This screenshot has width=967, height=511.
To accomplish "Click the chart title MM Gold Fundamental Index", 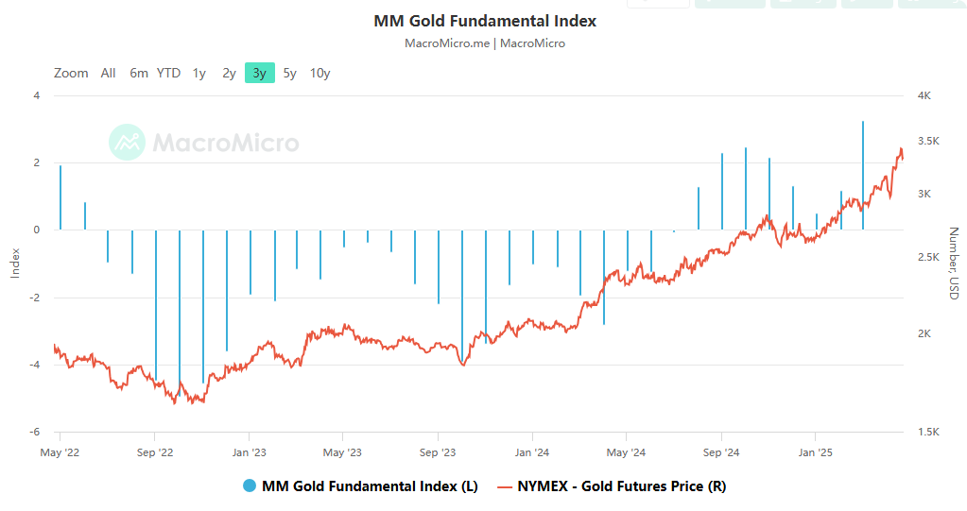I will [485, 21].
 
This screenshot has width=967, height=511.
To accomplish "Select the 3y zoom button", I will [260, 73].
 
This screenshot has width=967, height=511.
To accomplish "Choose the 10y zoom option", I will [319, 73].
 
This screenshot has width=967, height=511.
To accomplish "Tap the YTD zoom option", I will [168, 73].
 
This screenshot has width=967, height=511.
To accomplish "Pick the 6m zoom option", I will [139, 73].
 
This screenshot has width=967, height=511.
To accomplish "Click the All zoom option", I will [109, 73].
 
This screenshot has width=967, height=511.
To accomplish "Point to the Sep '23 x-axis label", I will [438, 451].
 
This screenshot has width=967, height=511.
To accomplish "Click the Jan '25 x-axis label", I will [816, 451].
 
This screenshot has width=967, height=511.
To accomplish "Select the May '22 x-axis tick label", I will [60, 451].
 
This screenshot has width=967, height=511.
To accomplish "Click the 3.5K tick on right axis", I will [927, 142].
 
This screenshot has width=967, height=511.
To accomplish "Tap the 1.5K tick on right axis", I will [927, 433].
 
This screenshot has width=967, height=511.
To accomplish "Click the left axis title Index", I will [14, 263].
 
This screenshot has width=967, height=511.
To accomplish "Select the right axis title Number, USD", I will [954, 263].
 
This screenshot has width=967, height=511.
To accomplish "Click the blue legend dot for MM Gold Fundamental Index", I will [250, 486].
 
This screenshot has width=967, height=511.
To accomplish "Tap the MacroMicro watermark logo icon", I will [127, 142].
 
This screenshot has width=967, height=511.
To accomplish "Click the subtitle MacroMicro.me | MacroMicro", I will [485, 43].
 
